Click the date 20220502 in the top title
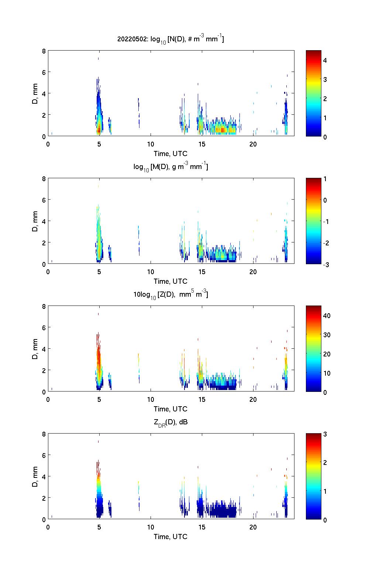point(131,39)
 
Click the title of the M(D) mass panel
point(170,167)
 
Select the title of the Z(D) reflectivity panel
point(170,294)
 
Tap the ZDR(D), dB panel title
point(170,422)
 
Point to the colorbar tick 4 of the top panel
point(325,60)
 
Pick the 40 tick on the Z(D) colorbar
point(327,315)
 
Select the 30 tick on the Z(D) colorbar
point(327,335)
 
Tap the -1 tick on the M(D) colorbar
point(327,221)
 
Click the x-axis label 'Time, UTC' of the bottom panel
point(170,537)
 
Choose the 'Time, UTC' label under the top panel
point(170,153)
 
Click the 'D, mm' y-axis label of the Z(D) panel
point(35,348)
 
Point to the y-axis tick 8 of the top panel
point(44,51)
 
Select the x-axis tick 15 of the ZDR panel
point(201,527)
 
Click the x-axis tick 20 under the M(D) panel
point(253,272)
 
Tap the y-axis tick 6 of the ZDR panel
point(44,455)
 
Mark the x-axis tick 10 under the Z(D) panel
point(151,399)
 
